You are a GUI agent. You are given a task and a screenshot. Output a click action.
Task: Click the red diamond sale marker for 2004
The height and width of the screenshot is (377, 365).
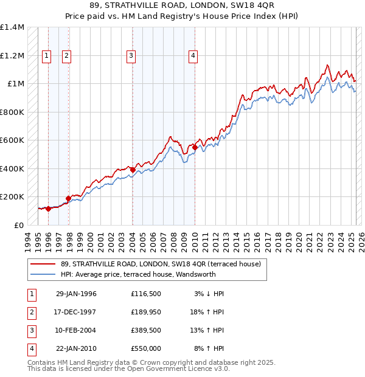[133, 170]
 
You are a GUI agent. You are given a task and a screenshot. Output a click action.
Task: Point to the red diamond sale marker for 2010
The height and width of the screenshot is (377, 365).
[195, 147]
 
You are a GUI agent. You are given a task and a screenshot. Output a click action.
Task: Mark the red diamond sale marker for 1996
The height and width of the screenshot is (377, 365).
[48, 209]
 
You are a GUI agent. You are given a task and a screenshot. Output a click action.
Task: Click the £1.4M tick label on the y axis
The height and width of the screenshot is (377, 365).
[12, 27]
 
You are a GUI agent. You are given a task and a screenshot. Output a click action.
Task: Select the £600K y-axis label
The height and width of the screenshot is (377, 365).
[12, 140]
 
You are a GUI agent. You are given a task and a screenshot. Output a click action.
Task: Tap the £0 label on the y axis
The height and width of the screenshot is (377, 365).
[19, 225]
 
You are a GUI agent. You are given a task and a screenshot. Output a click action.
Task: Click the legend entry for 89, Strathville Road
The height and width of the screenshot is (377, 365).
[161, 264]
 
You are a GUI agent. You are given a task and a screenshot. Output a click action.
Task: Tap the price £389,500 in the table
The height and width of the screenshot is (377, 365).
[146, 331]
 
